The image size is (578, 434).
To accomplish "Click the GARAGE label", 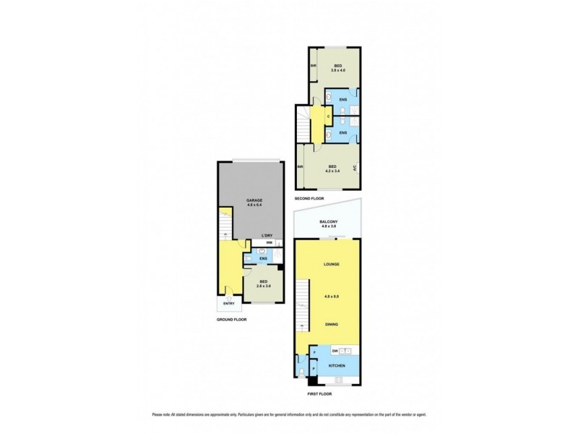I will (254, 199).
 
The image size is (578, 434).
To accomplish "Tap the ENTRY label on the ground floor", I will (229, 304).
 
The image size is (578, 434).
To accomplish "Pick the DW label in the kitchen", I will (335, 351).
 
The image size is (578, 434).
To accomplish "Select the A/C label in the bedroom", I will (353, 169).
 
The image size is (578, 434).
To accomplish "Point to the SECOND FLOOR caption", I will (309, 198).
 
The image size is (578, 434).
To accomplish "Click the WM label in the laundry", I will (269, 244).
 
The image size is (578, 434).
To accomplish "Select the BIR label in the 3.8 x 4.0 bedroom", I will (313, 67).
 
